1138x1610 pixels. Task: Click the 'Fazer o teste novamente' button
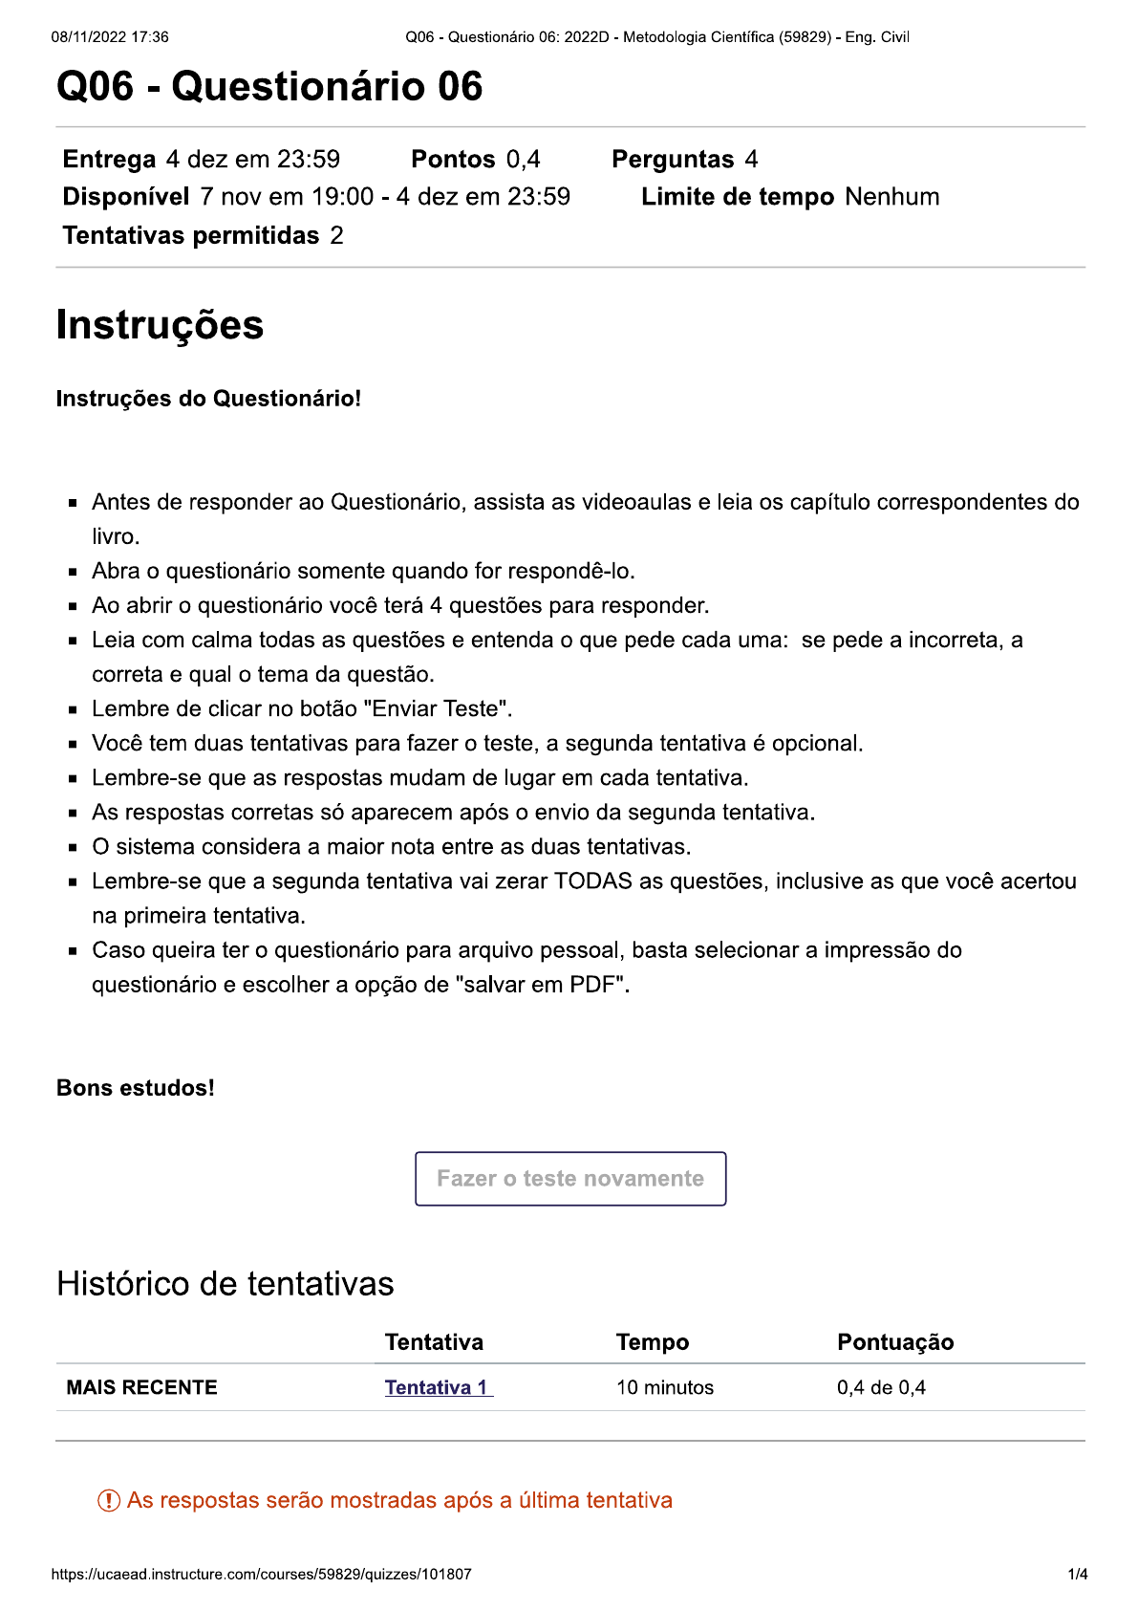[570, 1178]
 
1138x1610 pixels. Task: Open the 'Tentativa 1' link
[438, 1387]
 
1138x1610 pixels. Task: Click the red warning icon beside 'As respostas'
[109, 1501]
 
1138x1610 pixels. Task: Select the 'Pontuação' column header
[895, 1342]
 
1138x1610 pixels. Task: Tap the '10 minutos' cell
[665, 1387]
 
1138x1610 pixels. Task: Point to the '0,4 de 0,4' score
[881, 1387]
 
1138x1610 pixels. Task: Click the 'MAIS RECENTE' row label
[141, 1387]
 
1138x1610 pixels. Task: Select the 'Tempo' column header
[653, 1342]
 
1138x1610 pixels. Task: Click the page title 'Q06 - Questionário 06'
[269, 87]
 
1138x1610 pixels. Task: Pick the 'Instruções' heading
[160, 325]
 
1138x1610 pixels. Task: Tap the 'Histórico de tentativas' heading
[225, 1284]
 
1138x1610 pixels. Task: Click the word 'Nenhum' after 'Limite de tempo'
[892, 197]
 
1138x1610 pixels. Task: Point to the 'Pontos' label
[453, 160]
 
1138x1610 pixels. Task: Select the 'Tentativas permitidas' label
[191, 236]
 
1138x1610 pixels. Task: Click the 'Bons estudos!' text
[136, 1088]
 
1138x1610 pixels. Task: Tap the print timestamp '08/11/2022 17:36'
[110, 37]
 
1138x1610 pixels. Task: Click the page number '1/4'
[1078, 1575]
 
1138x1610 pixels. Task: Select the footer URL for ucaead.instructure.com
[262, 1575]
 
